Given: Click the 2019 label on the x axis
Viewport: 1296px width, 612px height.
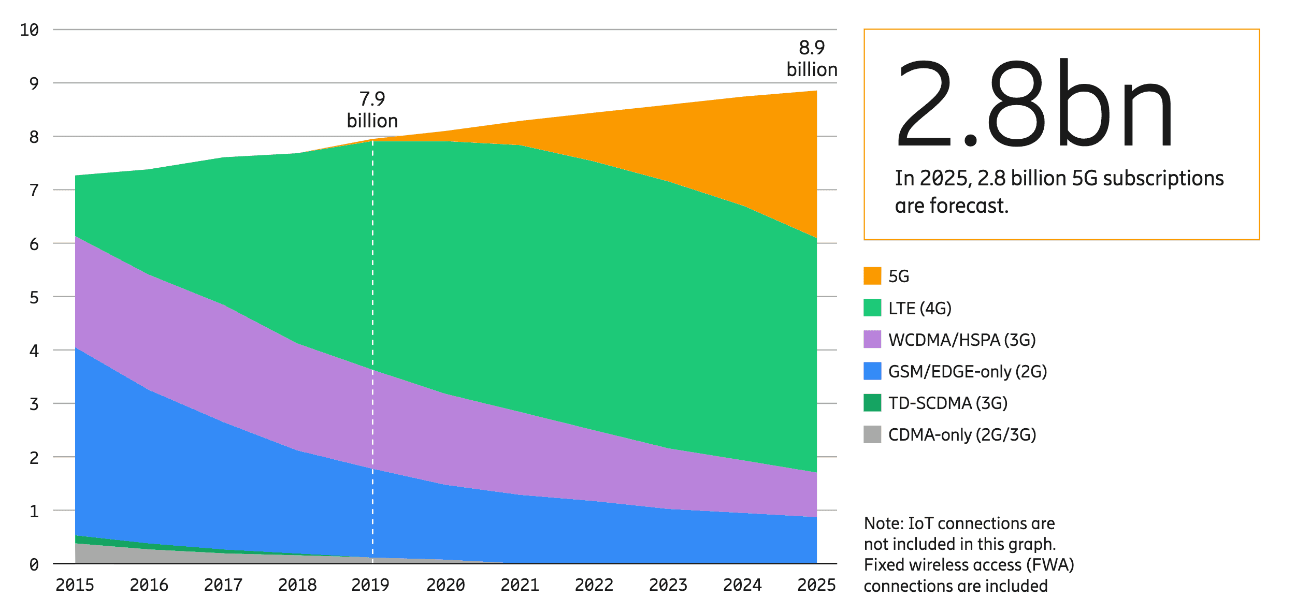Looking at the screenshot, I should (x=370, y=585).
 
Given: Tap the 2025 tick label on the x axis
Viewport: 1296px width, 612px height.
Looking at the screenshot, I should (x=816, y=585).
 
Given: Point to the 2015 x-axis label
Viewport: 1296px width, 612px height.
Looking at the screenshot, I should (x=75, y=585).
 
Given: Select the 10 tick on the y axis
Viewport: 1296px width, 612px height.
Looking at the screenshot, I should (x=30, y=30).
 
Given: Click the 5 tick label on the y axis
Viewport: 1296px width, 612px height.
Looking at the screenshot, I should (x=34, y=297).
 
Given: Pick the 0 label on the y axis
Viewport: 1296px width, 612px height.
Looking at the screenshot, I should (x=34, y=564).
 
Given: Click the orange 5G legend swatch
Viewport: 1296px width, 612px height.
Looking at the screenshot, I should (x=872, y=276).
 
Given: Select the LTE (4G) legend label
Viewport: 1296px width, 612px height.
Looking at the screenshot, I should (x=920, y=308).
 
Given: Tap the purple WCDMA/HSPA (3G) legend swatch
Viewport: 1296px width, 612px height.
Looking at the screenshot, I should (x=872, y=339).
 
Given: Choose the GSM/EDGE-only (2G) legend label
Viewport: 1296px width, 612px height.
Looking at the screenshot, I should (x=968, y=371).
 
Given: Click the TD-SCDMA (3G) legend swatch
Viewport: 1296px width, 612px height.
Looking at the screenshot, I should (x=872, y=403).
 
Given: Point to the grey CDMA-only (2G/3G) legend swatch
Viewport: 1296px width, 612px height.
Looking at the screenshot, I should (x=872, y=434).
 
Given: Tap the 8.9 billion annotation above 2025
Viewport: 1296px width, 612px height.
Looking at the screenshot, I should (x=812, y=59).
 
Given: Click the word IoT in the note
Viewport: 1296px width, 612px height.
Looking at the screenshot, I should (x=920, y=523).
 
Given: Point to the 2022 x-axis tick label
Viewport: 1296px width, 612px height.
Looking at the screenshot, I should (x=594, y=585).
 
